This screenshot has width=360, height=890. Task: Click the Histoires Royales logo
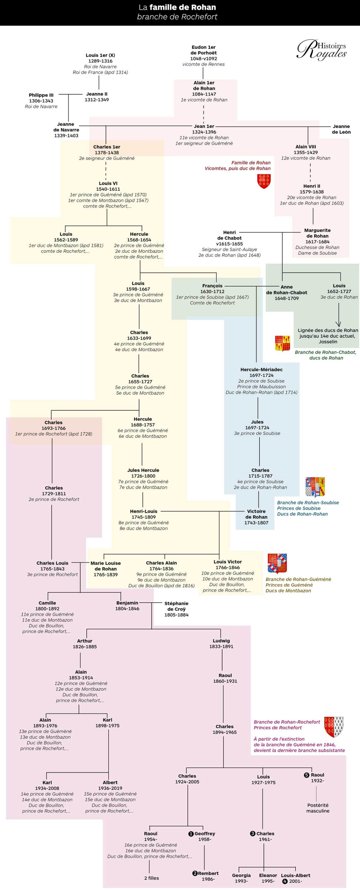(322, 50)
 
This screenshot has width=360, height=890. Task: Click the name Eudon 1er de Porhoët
(203, 50)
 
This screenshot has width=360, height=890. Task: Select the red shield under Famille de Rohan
(264, 181)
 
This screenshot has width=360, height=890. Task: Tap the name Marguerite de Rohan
(317, 233)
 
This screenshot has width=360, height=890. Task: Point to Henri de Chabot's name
(229, 235)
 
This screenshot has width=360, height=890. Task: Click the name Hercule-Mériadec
(262, 370)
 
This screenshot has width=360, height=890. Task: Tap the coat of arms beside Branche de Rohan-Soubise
(315, 486)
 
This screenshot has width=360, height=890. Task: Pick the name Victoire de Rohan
(256, 514)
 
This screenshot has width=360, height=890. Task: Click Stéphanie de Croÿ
(176, 606)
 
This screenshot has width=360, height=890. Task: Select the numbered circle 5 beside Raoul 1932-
(306, 775)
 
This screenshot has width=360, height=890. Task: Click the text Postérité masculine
(318, 808)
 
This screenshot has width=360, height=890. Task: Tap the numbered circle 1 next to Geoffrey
(191, 834)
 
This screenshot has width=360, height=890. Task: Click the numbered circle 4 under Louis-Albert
(285, 881)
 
